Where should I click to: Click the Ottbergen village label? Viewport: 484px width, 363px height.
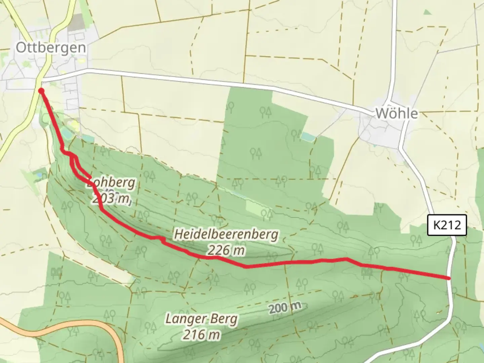[x=51, y=48]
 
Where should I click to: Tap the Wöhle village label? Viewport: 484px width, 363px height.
[x=397, y=114]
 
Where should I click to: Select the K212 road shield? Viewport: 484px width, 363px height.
[x=447, y=225]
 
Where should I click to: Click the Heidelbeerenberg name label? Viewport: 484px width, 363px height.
[x=226, y=234]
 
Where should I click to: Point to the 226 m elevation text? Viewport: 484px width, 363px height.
[x=226, y=250]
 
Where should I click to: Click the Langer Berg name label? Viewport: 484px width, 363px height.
[x=201, y=319]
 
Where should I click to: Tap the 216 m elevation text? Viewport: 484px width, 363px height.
[x=202, y=334]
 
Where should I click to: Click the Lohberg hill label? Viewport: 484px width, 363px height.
[x=111, y=184]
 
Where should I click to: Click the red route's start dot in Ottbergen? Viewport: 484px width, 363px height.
[x=41, y=91]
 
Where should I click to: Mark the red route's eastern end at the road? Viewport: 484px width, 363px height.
[x=449, y=278]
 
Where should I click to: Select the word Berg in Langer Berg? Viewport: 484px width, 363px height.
[x=223, y=319]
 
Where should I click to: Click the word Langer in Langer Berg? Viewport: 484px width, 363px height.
[x=185, y=319]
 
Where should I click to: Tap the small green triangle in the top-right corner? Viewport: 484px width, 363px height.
[x=427, y=12]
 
